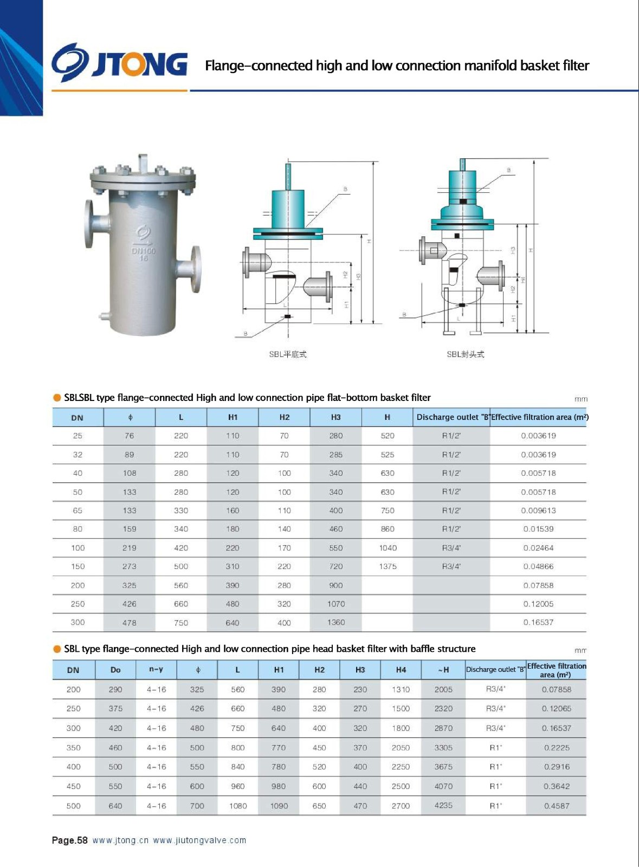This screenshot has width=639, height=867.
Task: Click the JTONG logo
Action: tap(119, 64)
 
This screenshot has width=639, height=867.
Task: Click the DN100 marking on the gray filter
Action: tap(144, 251)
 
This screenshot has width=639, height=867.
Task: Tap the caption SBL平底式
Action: tap(288, 354)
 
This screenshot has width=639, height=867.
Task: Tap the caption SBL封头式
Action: tap(465, 354)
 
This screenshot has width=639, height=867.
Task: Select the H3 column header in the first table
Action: tap(336, 417)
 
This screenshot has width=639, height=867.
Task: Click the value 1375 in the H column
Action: tap(388, 566)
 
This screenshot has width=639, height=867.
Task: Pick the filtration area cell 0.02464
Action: tap(538, 548)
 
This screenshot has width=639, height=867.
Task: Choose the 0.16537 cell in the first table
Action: tap(538, 622)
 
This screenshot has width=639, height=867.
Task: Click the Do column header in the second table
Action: tap(115, 670)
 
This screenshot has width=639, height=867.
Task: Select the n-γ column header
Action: tap(156, 670)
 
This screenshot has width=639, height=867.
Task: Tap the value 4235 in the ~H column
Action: tap(443, 805)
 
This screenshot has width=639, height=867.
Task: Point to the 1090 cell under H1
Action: tap(279, 806)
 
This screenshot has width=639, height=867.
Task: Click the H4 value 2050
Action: tap(401, 748)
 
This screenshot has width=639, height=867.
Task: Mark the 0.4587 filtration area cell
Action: tap(557, 806)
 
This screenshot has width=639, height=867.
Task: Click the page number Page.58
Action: tap(69, 840)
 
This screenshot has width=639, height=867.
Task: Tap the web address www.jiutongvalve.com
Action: tap(199, 840)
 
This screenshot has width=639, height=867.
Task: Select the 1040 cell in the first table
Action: tap(388, 548)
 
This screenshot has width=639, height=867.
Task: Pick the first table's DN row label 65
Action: tap(78, 510)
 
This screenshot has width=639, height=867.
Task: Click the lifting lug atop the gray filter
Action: tap(143, 161)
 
